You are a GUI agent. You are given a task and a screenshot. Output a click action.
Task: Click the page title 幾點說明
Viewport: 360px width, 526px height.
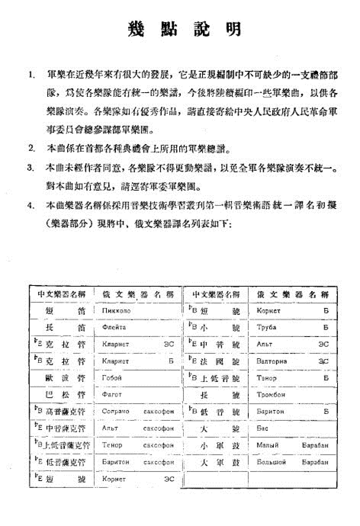coord(185,29)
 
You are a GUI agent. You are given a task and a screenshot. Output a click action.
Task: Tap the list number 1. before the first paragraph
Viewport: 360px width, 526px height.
coord(32,74)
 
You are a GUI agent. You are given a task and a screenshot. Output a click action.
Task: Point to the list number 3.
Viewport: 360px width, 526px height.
coord(31,168)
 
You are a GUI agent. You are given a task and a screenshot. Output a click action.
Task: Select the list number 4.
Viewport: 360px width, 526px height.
coord(31,205)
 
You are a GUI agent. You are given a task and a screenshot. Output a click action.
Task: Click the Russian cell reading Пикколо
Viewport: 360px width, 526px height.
coord(116,311)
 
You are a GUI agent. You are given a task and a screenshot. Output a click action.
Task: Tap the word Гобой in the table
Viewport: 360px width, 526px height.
coord(111,378)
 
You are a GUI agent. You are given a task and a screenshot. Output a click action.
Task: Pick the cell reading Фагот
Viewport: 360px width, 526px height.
coord(111,394)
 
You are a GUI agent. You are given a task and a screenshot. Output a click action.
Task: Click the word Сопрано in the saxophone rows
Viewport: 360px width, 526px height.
coord(115,411)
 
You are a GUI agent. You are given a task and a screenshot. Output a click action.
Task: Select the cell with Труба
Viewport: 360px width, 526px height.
coord(266,327)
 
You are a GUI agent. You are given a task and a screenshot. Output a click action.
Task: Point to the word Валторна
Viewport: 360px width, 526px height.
coord(272,361)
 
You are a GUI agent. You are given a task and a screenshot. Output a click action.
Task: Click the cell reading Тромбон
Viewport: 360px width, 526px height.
coord(271,394)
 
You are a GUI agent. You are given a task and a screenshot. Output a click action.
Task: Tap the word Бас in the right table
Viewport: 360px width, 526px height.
coord(262,428)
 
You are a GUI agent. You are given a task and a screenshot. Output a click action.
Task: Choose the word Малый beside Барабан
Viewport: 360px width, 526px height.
coord(268,445)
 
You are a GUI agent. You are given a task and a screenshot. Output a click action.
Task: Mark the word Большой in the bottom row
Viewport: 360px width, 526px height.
coord(271,462)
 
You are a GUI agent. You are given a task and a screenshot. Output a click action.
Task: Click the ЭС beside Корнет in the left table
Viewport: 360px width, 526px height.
coord(169,479)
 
